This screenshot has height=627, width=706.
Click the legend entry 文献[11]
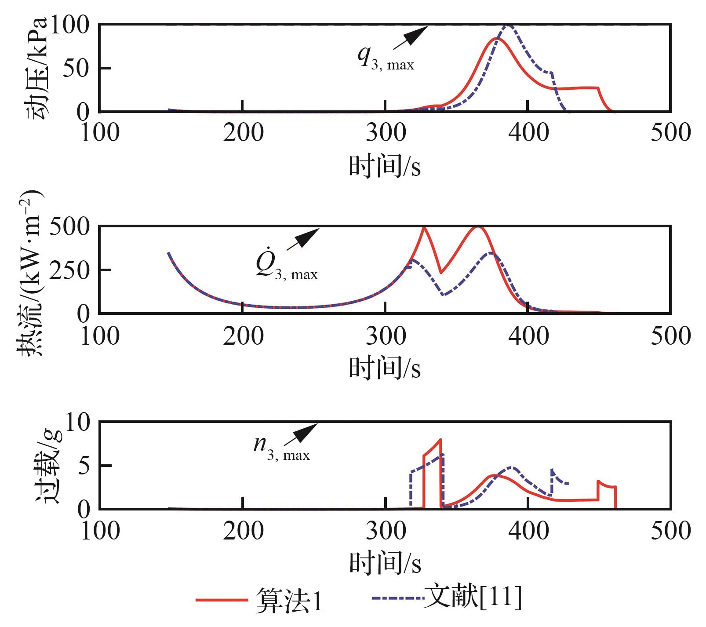pos(473,597)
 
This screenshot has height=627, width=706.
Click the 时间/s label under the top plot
pos(385,167)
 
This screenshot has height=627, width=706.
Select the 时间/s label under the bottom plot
pos(385,563)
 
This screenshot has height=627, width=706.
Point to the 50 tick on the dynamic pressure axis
pos(76,68)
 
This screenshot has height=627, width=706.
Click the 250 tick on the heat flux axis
pos(69,270)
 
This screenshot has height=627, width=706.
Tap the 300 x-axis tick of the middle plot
pos(386,336)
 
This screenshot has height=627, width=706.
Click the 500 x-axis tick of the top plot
pos(670,132)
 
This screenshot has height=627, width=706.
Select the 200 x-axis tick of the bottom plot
pos(243,531)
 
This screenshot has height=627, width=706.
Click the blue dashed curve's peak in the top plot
pos(508,26)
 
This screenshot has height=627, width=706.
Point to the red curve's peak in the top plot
pos(496,39)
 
